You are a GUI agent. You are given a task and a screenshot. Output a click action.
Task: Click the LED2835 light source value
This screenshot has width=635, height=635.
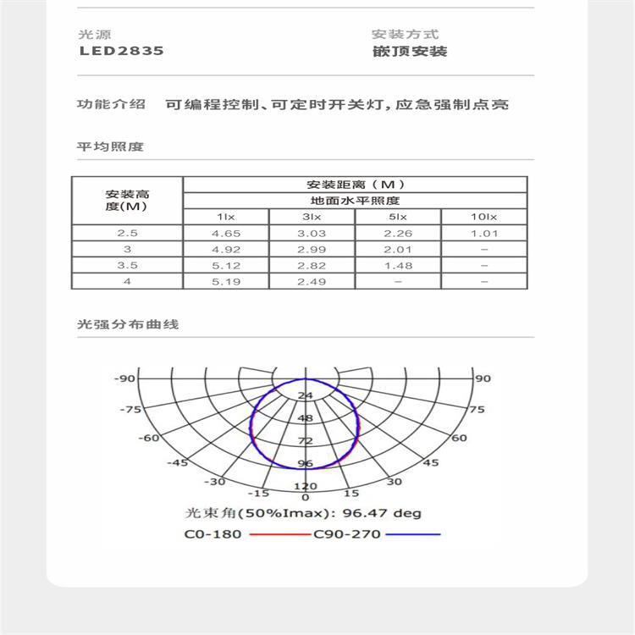122,51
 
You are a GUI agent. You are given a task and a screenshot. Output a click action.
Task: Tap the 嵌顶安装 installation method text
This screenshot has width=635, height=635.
409,51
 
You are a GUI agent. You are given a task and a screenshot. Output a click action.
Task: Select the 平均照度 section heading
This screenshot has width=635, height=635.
110,146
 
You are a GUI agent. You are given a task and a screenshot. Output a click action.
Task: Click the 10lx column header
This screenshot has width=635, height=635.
483,218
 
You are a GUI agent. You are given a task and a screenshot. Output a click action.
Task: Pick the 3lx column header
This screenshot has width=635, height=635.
312,218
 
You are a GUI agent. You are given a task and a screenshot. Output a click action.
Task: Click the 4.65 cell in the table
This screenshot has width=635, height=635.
226,233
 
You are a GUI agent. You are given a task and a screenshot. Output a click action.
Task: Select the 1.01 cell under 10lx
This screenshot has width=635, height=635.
483,233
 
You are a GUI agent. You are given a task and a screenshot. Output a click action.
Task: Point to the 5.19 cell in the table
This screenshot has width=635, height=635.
226,281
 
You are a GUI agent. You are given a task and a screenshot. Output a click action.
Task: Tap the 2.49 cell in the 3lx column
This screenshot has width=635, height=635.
312,281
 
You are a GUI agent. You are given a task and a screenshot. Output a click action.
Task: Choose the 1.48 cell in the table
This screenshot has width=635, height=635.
397,265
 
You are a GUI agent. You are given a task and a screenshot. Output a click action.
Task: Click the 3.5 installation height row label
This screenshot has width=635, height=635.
127,265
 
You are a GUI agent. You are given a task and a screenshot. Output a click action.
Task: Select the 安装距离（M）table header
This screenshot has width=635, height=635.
355,185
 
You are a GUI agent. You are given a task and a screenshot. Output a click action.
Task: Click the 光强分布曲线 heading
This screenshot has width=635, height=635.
127,324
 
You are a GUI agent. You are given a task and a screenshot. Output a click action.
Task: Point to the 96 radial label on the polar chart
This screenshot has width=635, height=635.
305,464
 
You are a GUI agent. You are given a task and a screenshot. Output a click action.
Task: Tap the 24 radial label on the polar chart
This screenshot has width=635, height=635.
305,395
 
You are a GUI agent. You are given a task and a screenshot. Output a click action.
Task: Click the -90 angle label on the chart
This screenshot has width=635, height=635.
124,378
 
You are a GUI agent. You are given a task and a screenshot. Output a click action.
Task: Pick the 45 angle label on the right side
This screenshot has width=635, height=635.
430,462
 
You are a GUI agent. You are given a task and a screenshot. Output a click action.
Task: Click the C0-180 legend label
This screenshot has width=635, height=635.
213,534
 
